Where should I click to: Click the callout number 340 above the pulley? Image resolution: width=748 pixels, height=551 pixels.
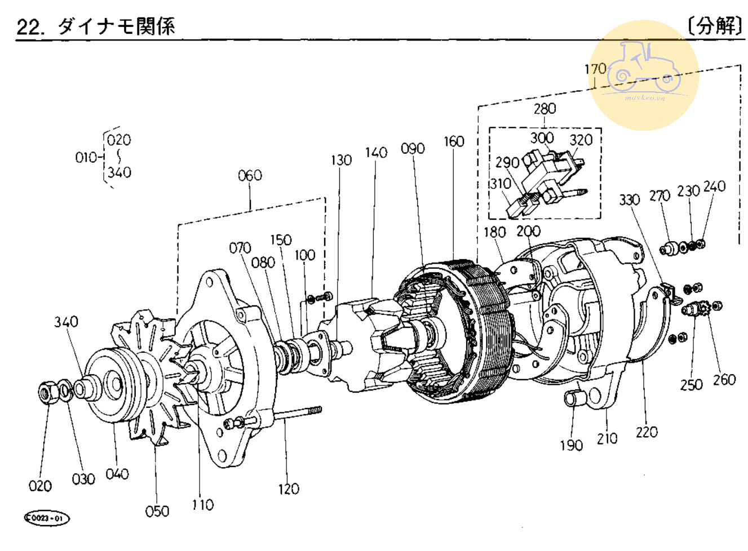click(66, 322)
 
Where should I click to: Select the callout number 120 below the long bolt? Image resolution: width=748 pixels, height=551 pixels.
click(288, 488)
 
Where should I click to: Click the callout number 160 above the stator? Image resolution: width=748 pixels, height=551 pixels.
click(453, 141)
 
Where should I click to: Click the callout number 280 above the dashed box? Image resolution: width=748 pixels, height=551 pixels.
click(545, 108)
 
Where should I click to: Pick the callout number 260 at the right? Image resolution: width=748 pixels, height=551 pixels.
click(724, 380)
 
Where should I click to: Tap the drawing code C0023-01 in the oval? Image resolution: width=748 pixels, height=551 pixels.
click(47, 518)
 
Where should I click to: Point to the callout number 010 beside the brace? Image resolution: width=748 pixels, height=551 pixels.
click(87, 157)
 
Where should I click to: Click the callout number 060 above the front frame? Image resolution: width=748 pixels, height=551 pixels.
click(250, 176)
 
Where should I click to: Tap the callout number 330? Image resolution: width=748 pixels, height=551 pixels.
click(629, 199)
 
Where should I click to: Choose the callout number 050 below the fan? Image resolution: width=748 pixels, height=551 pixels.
click(157, 511)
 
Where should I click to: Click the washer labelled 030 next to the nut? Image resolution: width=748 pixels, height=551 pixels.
click(65, 389)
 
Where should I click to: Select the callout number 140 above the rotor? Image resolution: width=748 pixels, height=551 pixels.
click(376, 153)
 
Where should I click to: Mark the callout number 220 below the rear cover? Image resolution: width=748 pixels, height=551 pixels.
click(647, 432)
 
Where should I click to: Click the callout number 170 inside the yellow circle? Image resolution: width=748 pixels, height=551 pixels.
click(595, 69)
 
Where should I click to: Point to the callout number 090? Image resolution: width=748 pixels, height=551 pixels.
click(413, 149)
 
